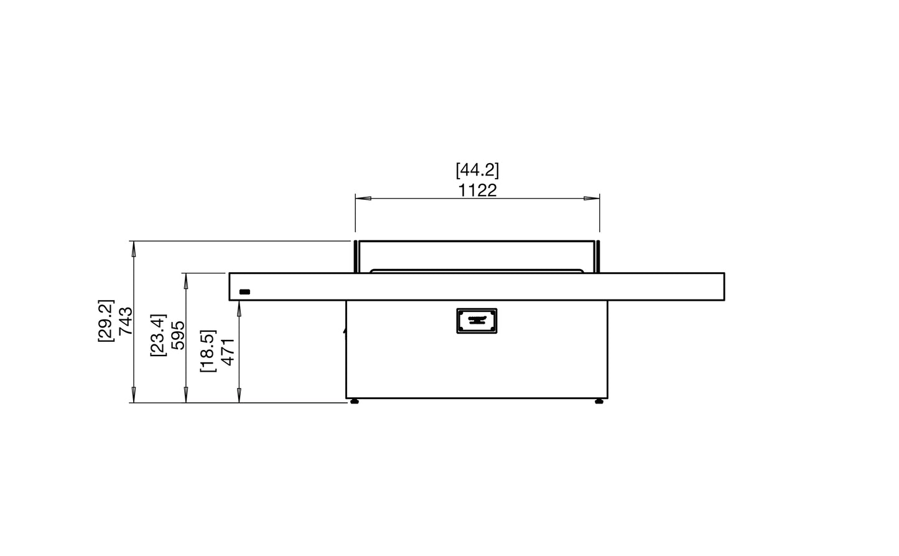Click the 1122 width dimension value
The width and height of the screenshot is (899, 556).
[x=477, y=191]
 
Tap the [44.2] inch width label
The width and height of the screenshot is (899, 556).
[x=477, y=170]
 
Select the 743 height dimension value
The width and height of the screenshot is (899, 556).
[x=126, y=321]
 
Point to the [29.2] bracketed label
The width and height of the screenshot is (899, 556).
[x=106, y=321]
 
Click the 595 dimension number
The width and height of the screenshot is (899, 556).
[x=178, y=335]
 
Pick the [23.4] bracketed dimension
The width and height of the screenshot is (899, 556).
[x=158, y=335]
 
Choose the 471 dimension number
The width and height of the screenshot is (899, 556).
[x=228, y=352]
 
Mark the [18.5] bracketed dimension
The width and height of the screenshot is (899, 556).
[x=208, y=351]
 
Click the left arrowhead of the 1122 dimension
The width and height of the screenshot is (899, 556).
[x=363, y=198]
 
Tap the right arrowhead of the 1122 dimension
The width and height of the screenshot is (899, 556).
[x=592, y=198]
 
